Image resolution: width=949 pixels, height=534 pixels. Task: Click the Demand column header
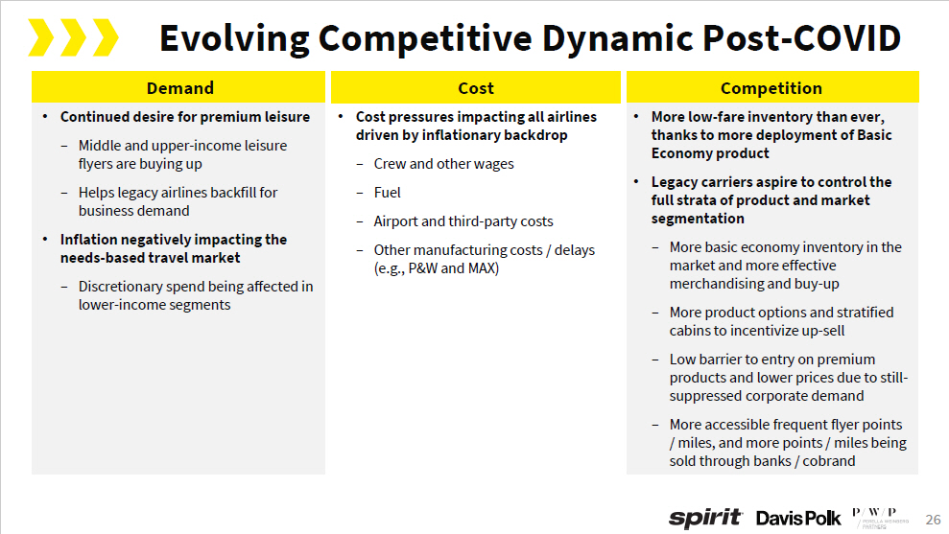click(179, 88)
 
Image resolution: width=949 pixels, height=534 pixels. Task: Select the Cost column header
click(476, 88)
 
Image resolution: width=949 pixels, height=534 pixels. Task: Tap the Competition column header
click(771, 88)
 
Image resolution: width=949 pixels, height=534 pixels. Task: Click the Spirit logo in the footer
click(705, 518)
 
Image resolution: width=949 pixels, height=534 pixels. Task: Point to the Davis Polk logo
click(798, 518)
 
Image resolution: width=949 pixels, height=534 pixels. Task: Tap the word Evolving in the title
click(234, 38)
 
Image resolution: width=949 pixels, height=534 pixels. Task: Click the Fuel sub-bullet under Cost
click(388, 193)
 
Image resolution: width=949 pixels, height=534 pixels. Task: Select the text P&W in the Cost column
click(423, 268)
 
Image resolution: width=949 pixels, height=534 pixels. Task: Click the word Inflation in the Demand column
click(92, 240)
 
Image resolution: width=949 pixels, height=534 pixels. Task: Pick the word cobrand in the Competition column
click(828, 461)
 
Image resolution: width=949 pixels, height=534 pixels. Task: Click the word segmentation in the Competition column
click(697, 219)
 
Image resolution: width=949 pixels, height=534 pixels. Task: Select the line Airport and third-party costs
click(463, 221)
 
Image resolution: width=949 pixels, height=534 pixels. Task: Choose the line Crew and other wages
click(443, 164)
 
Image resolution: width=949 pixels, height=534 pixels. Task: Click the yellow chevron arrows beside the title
click(73, 38)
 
